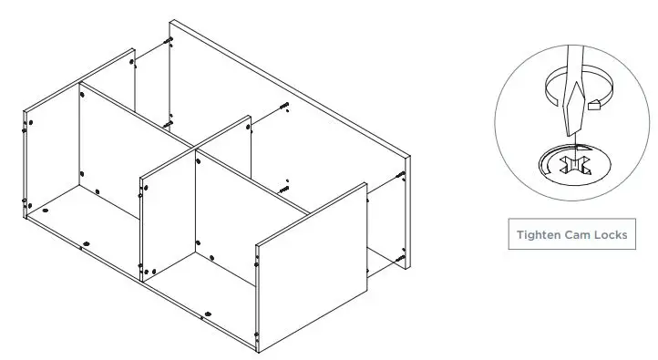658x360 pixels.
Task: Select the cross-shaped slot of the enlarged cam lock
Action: point(577,167)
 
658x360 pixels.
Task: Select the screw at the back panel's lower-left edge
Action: point(167,118)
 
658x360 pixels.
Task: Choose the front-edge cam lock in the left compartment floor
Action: point(87,242)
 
